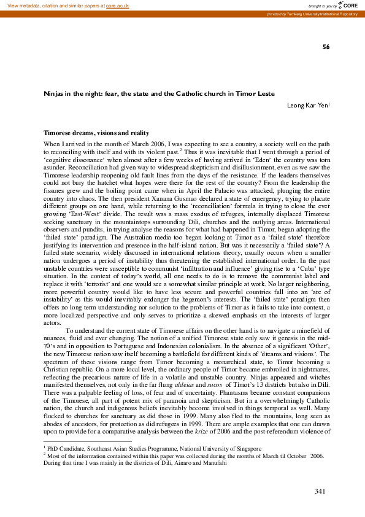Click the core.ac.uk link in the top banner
(118, 5)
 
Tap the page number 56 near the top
(326, 47)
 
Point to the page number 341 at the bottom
(320, 491)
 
